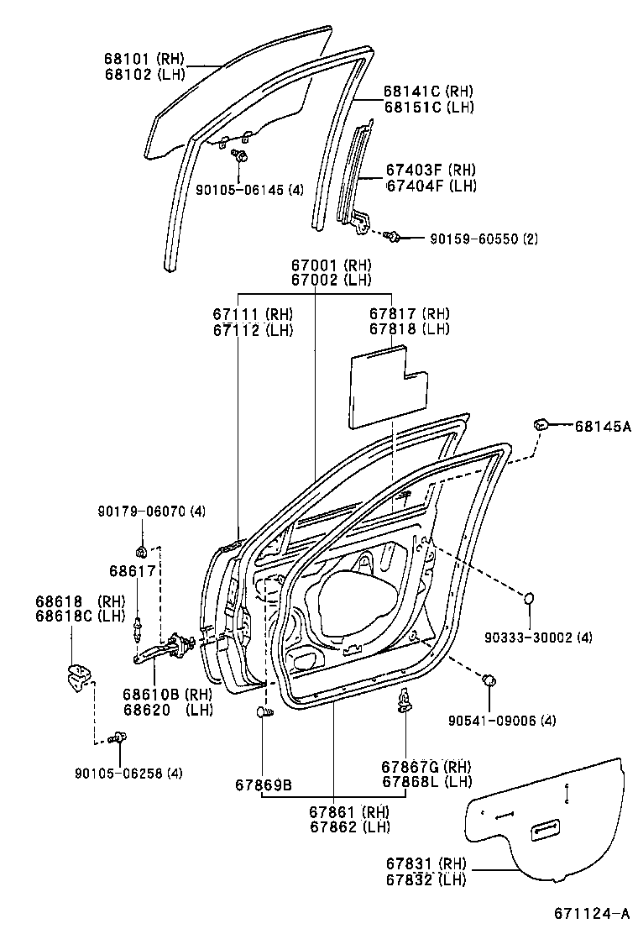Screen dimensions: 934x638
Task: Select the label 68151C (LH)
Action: [x=429, y=107]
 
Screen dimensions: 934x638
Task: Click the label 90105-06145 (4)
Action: [x=249, y=190]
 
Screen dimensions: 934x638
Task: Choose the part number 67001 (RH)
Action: [x=331, y=265]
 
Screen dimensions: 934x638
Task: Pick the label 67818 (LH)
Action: [x=410, y=329]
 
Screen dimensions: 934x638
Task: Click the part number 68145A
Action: [x=602, y=427]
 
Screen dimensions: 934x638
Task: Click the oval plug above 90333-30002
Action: [x=530, y=599]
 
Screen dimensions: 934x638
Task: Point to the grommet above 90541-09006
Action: [x=489, y=680]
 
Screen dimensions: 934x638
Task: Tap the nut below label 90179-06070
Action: [x=142, y=550]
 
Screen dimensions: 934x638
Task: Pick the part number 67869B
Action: [x=264, y=784]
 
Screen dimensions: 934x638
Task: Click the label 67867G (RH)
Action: [x=425, y=766]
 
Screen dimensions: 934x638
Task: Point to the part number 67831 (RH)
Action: [x=426, y=864]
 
